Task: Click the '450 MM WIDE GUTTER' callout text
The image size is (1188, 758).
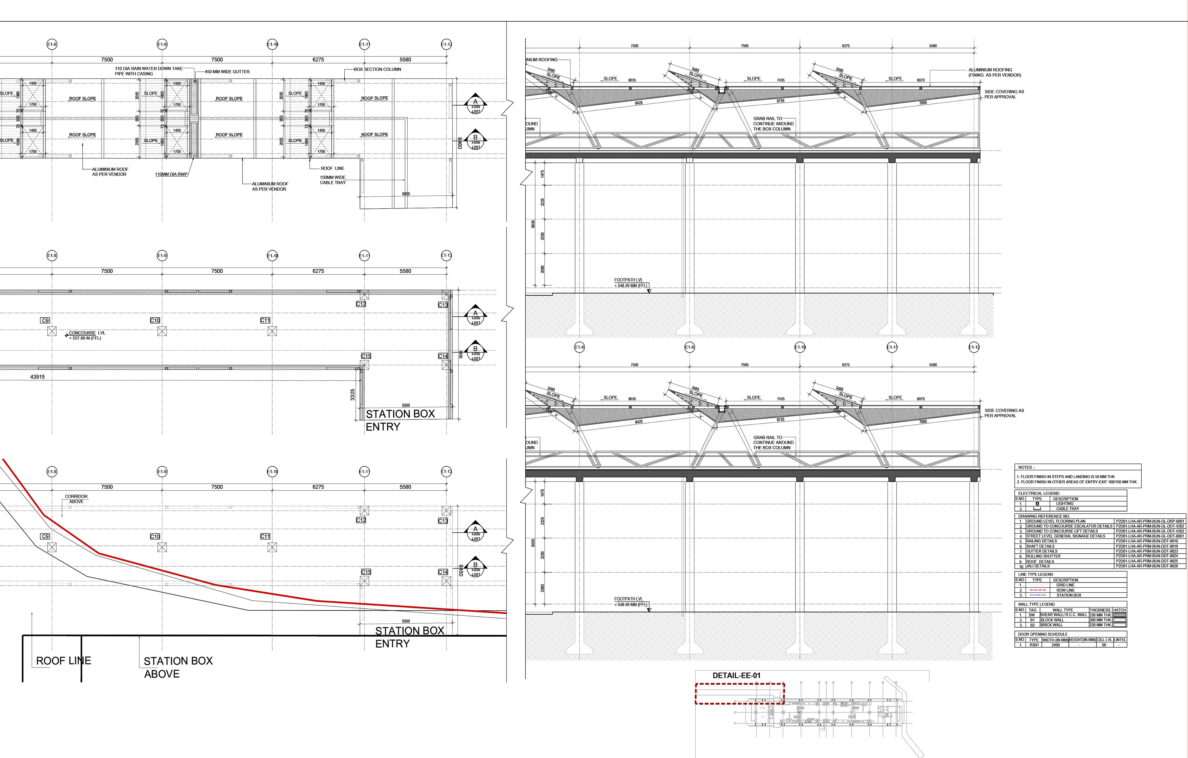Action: [x=227, y=72]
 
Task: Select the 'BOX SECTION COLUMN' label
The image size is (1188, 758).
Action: [x=377, y=69]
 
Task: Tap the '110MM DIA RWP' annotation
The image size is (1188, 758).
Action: [x=171, y=174]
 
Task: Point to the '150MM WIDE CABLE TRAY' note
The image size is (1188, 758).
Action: [x=333, y=180]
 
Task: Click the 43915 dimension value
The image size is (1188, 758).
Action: [x=37, y=377]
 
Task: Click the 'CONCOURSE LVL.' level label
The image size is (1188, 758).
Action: [x=87, y=333]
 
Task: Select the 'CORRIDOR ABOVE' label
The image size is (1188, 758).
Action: [x=76, y=499]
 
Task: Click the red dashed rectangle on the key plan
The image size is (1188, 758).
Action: [x=739, y=684]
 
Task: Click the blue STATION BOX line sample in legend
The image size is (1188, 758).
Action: [x=1038, y=595]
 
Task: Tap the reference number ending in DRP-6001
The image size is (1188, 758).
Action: [x=1150, y=521]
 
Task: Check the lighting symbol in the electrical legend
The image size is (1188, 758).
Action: [x=1037, y=504]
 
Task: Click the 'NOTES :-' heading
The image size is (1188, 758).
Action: [x=1027, y=467]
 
